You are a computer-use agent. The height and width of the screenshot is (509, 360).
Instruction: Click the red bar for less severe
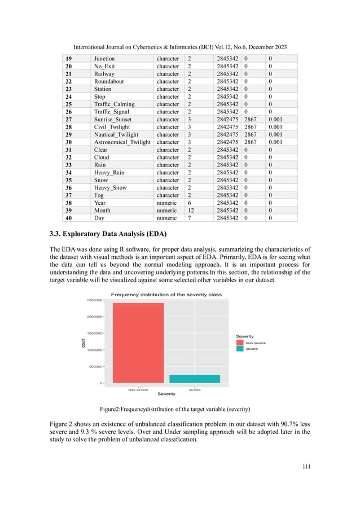[x=138, y=343]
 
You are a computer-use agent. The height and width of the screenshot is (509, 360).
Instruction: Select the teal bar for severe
[x=195, y=379]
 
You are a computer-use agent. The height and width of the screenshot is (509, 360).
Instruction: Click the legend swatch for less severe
[x=240, y=343]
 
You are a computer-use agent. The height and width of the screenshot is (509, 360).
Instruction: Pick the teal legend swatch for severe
[x=240, y=349]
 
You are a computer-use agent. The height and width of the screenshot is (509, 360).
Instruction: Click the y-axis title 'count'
[x=84, y=342]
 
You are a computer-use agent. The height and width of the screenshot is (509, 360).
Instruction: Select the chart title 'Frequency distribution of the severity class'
[x=166, y=295]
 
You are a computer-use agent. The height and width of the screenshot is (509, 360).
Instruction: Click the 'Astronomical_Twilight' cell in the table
[x=122, y=142]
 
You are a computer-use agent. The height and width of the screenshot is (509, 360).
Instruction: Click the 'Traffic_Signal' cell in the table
[x=112, y=112]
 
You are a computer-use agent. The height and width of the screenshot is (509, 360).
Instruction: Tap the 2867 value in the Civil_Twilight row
[x=251, y=127]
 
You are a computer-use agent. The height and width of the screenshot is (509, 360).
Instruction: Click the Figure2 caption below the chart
[x=179, y=409]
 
